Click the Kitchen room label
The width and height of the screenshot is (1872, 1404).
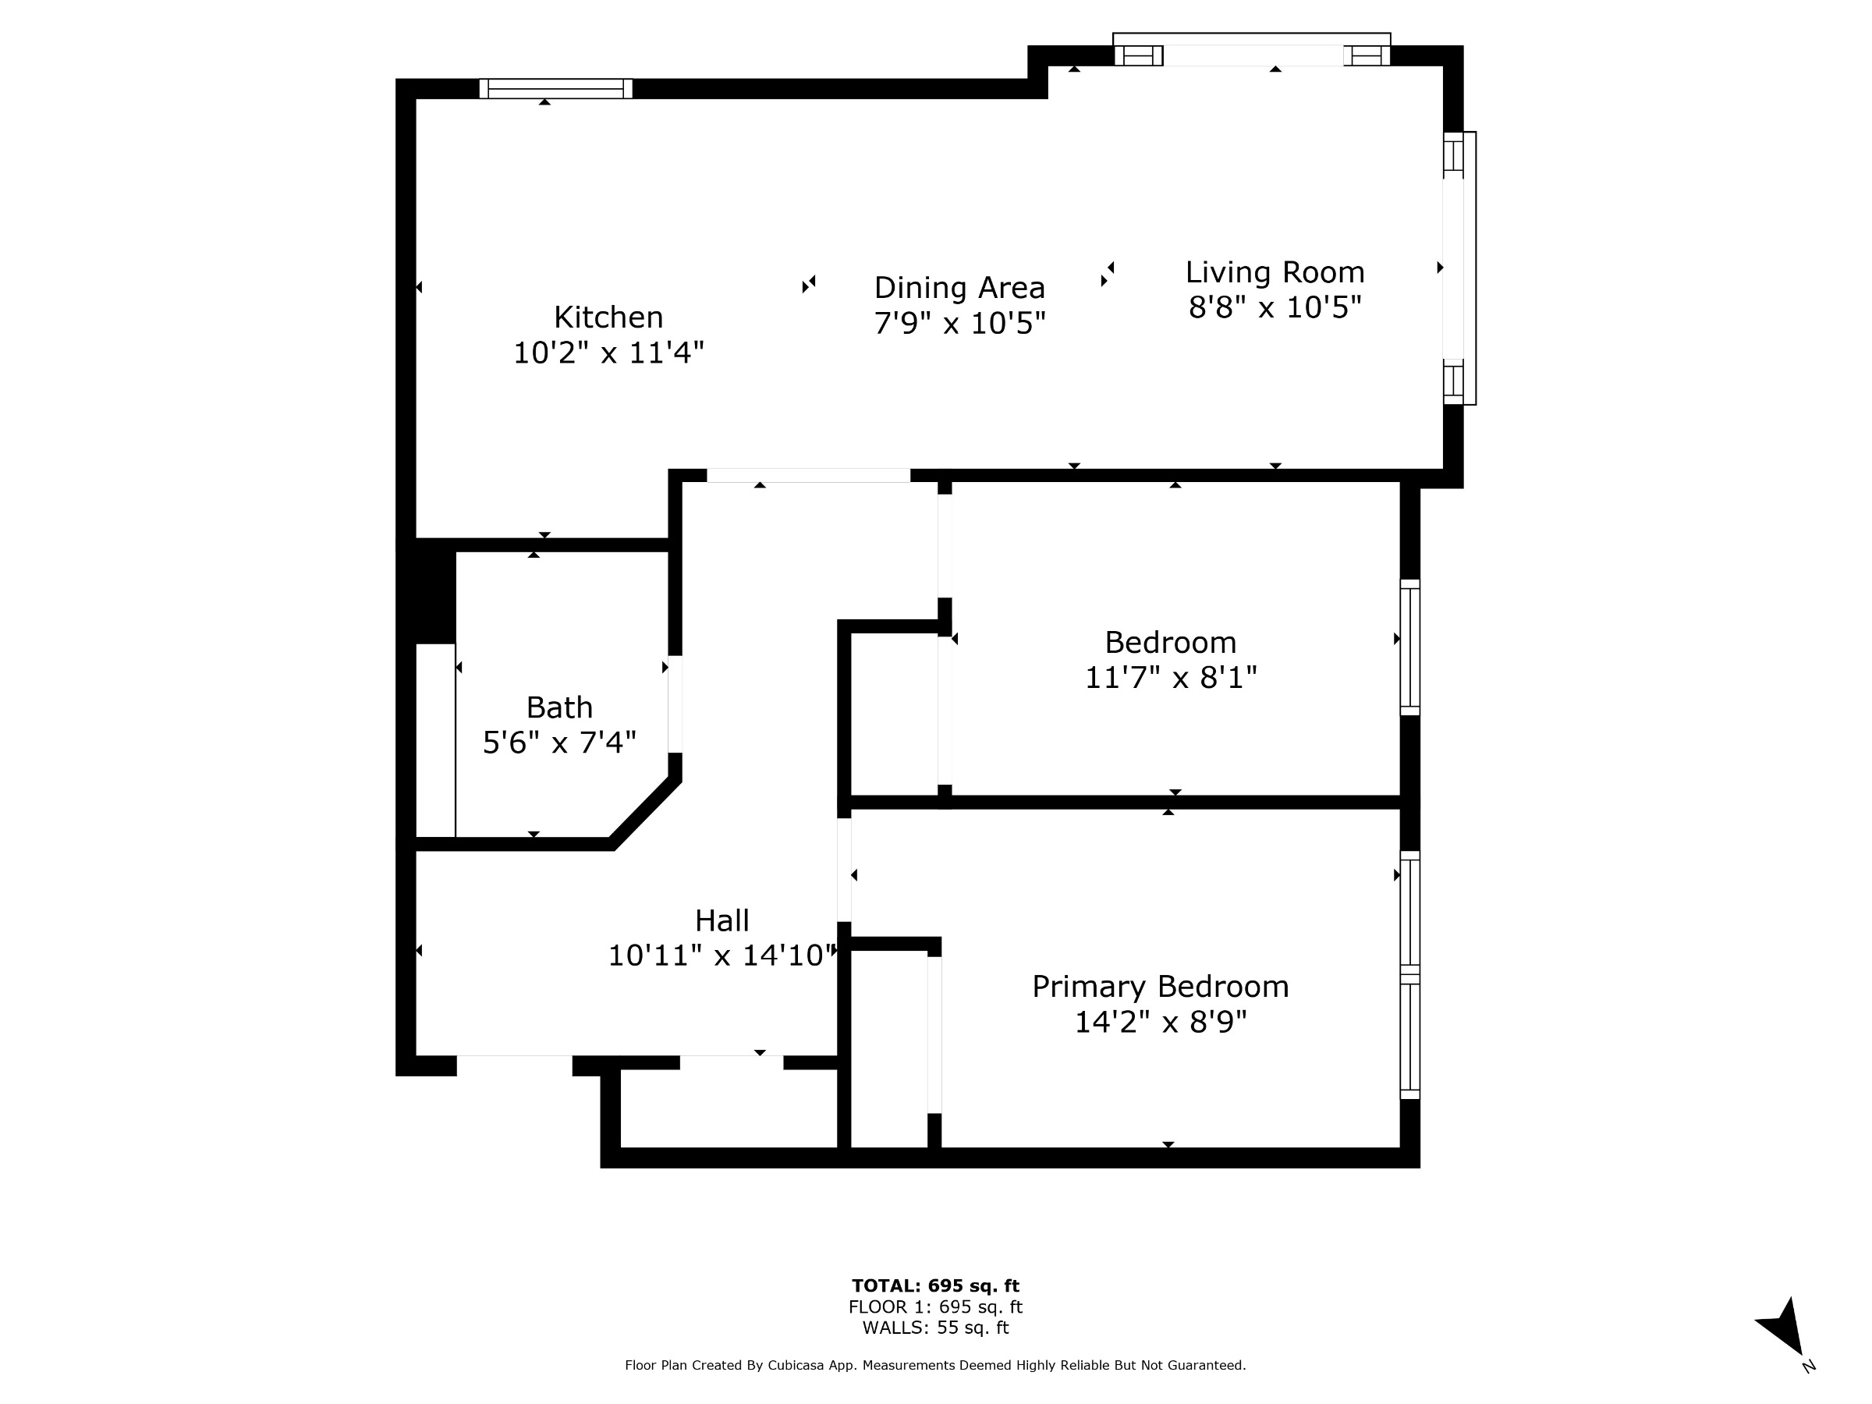pos(608,317)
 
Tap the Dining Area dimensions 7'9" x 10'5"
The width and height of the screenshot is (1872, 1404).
pos(959,323)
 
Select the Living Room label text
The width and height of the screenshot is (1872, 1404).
pos(1275,272)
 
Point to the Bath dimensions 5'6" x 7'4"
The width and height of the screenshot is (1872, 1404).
pos(559,743)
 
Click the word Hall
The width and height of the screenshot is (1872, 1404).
pos(721,920)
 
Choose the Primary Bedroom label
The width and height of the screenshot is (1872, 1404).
pos(1161,987)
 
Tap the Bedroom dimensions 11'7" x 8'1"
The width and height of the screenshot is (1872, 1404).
pos(1171,678)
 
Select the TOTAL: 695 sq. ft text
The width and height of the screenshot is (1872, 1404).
pos(935,1286)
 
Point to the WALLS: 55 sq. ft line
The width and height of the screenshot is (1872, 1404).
pos(935,1328)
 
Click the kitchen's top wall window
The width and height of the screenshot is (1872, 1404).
pos(556,89)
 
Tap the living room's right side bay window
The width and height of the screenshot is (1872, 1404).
pos(1459,268)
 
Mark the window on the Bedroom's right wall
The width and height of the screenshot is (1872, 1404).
pos(1410,647)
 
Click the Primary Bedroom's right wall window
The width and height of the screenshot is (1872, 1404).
pos(1410,975)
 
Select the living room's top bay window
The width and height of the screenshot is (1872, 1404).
pos(1252,49)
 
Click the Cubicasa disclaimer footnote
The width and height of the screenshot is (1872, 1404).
pos(935,1365)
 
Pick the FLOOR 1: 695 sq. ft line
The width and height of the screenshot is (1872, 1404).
pos(935,1307)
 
